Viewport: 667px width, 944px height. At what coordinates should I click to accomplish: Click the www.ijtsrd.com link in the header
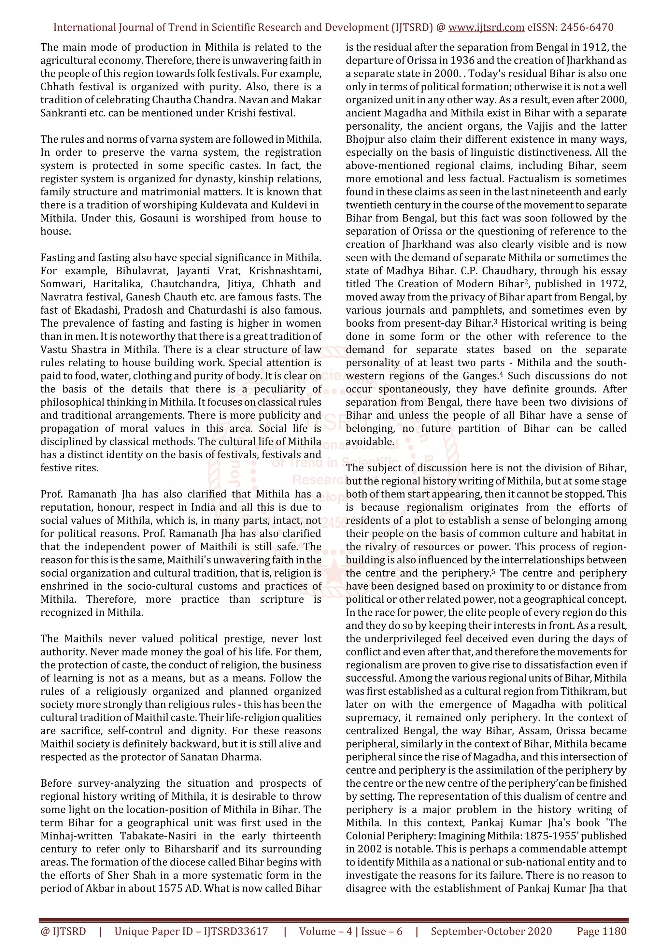pos(486,28)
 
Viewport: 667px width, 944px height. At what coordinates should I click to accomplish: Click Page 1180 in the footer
pos(601,931)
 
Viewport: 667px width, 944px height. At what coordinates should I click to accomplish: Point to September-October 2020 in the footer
pos(491,931)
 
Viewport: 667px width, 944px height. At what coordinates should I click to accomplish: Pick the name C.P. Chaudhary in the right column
pos(491,271)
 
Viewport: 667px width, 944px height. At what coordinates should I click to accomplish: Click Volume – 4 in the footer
pos(325,931)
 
